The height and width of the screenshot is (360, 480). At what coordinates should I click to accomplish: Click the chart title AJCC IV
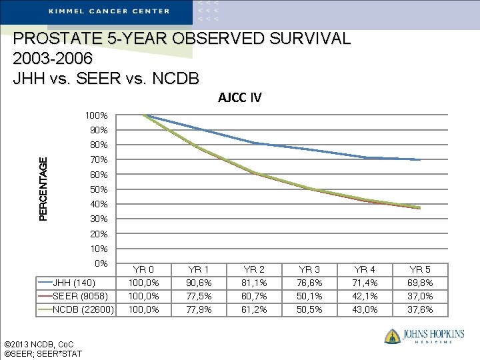point(239,98)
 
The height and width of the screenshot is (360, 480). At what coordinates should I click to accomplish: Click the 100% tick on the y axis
point(97,115)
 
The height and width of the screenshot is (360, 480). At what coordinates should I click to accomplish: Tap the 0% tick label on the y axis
point(101,263)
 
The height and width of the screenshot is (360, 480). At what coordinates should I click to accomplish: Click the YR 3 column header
point(309,269)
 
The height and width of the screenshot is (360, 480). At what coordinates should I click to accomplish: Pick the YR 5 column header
point(419,269)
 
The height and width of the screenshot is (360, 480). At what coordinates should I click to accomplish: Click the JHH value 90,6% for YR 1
point(198,283)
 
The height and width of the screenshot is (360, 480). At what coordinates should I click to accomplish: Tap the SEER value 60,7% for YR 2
point(253,296)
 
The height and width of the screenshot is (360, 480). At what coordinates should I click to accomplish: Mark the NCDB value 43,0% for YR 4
point(364,309)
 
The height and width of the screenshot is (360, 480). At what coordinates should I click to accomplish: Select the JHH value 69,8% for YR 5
point(419,283)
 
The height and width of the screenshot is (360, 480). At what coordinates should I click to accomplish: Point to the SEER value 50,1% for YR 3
point(309,296)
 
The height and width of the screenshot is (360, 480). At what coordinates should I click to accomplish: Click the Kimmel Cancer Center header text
point(109,11)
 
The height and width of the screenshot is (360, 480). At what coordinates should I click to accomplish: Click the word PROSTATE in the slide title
point(51,39)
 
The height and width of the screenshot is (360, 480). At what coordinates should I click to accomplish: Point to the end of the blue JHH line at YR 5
point(420,160)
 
